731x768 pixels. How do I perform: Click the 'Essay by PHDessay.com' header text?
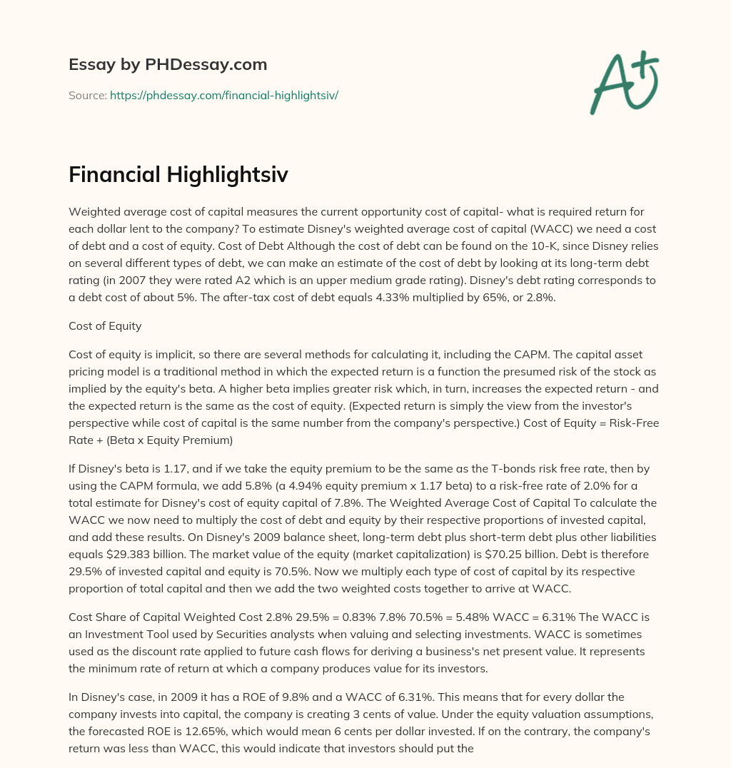point(168,65)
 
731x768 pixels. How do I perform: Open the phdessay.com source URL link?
point(223,95)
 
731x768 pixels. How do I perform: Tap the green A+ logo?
point(623,84)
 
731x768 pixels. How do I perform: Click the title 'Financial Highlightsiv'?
point(178,174)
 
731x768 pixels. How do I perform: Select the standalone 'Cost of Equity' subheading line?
point(105,325)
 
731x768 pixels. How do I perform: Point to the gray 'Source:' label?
point(88,95)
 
